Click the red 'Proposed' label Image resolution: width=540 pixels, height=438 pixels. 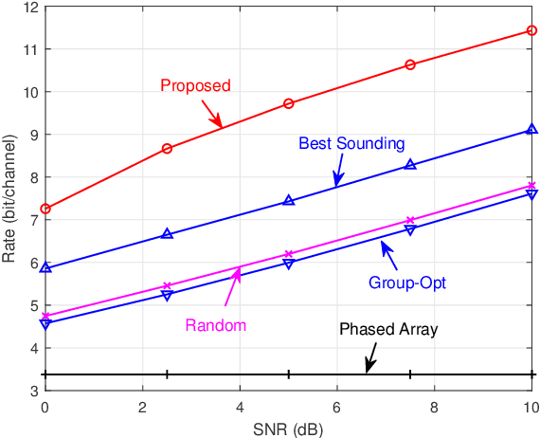click(x=195, y=85)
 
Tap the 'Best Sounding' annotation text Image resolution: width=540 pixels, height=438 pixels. click(x=351, y=144)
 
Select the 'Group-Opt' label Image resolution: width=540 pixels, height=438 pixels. click(x=406, y=283)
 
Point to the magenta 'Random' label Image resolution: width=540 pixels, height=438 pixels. click(x=215, y=325)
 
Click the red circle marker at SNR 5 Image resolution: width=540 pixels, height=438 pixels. click(x=289, y=103)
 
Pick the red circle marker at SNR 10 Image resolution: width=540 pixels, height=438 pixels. click(x=531, y=30)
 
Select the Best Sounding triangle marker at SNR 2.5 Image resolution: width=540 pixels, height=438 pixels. click(x=167, y=233)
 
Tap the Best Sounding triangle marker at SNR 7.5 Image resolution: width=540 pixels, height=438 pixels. click(x=410, y=164)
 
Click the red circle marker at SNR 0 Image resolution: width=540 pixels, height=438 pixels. click(x=45, y=209)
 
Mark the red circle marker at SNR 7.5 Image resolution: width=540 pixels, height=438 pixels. click(x=410, y=64)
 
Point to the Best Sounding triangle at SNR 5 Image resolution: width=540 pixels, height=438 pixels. click(x=289, y=200)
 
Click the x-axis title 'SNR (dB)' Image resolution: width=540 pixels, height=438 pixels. click(x=288, y=428)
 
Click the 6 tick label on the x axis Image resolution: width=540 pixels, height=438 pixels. click(x=336, y=408)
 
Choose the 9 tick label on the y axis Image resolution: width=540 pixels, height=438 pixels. click(x=32, y=135)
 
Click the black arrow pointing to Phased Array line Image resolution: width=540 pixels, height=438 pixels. click(x=370, y=357)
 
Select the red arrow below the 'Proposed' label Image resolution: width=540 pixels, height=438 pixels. click(x=212, y=114)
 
